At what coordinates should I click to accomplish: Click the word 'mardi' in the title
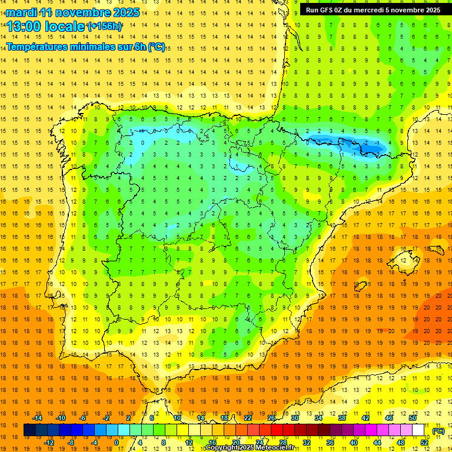tap(22, 12)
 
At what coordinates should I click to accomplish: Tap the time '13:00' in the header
tap(24, 26)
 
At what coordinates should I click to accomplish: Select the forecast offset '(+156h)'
tap(105, 26)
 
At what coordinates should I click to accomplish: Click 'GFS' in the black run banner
tap(330, 10)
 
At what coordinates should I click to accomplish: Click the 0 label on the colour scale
tap(117, 442)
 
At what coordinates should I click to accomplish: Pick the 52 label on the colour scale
tap(424, 442)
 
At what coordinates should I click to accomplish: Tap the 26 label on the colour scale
tap(271, 418)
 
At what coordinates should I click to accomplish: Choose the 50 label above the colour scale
tap(413, 418)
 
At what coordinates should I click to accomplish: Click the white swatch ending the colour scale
tap(418, 430)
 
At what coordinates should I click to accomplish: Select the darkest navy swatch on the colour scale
tap(29, 430)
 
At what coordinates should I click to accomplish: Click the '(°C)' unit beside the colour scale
tap(438, 430)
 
